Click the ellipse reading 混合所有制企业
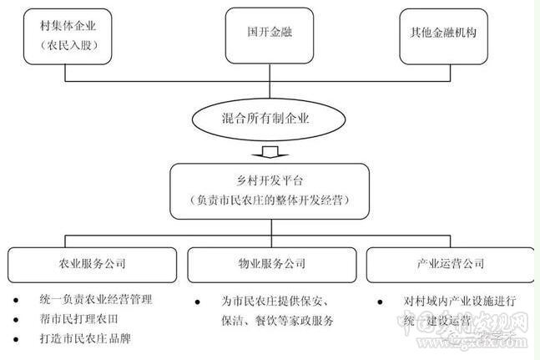[x=270, y=119]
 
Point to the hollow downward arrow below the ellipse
[x=270, y=152]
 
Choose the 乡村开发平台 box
[x=270, y=190]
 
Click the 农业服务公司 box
[x=93, y=264]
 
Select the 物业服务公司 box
[x=270, y=264]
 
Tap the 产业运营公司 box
[x=451, y=264]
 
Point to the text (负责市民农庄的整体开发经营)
[x=270, y=201]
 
